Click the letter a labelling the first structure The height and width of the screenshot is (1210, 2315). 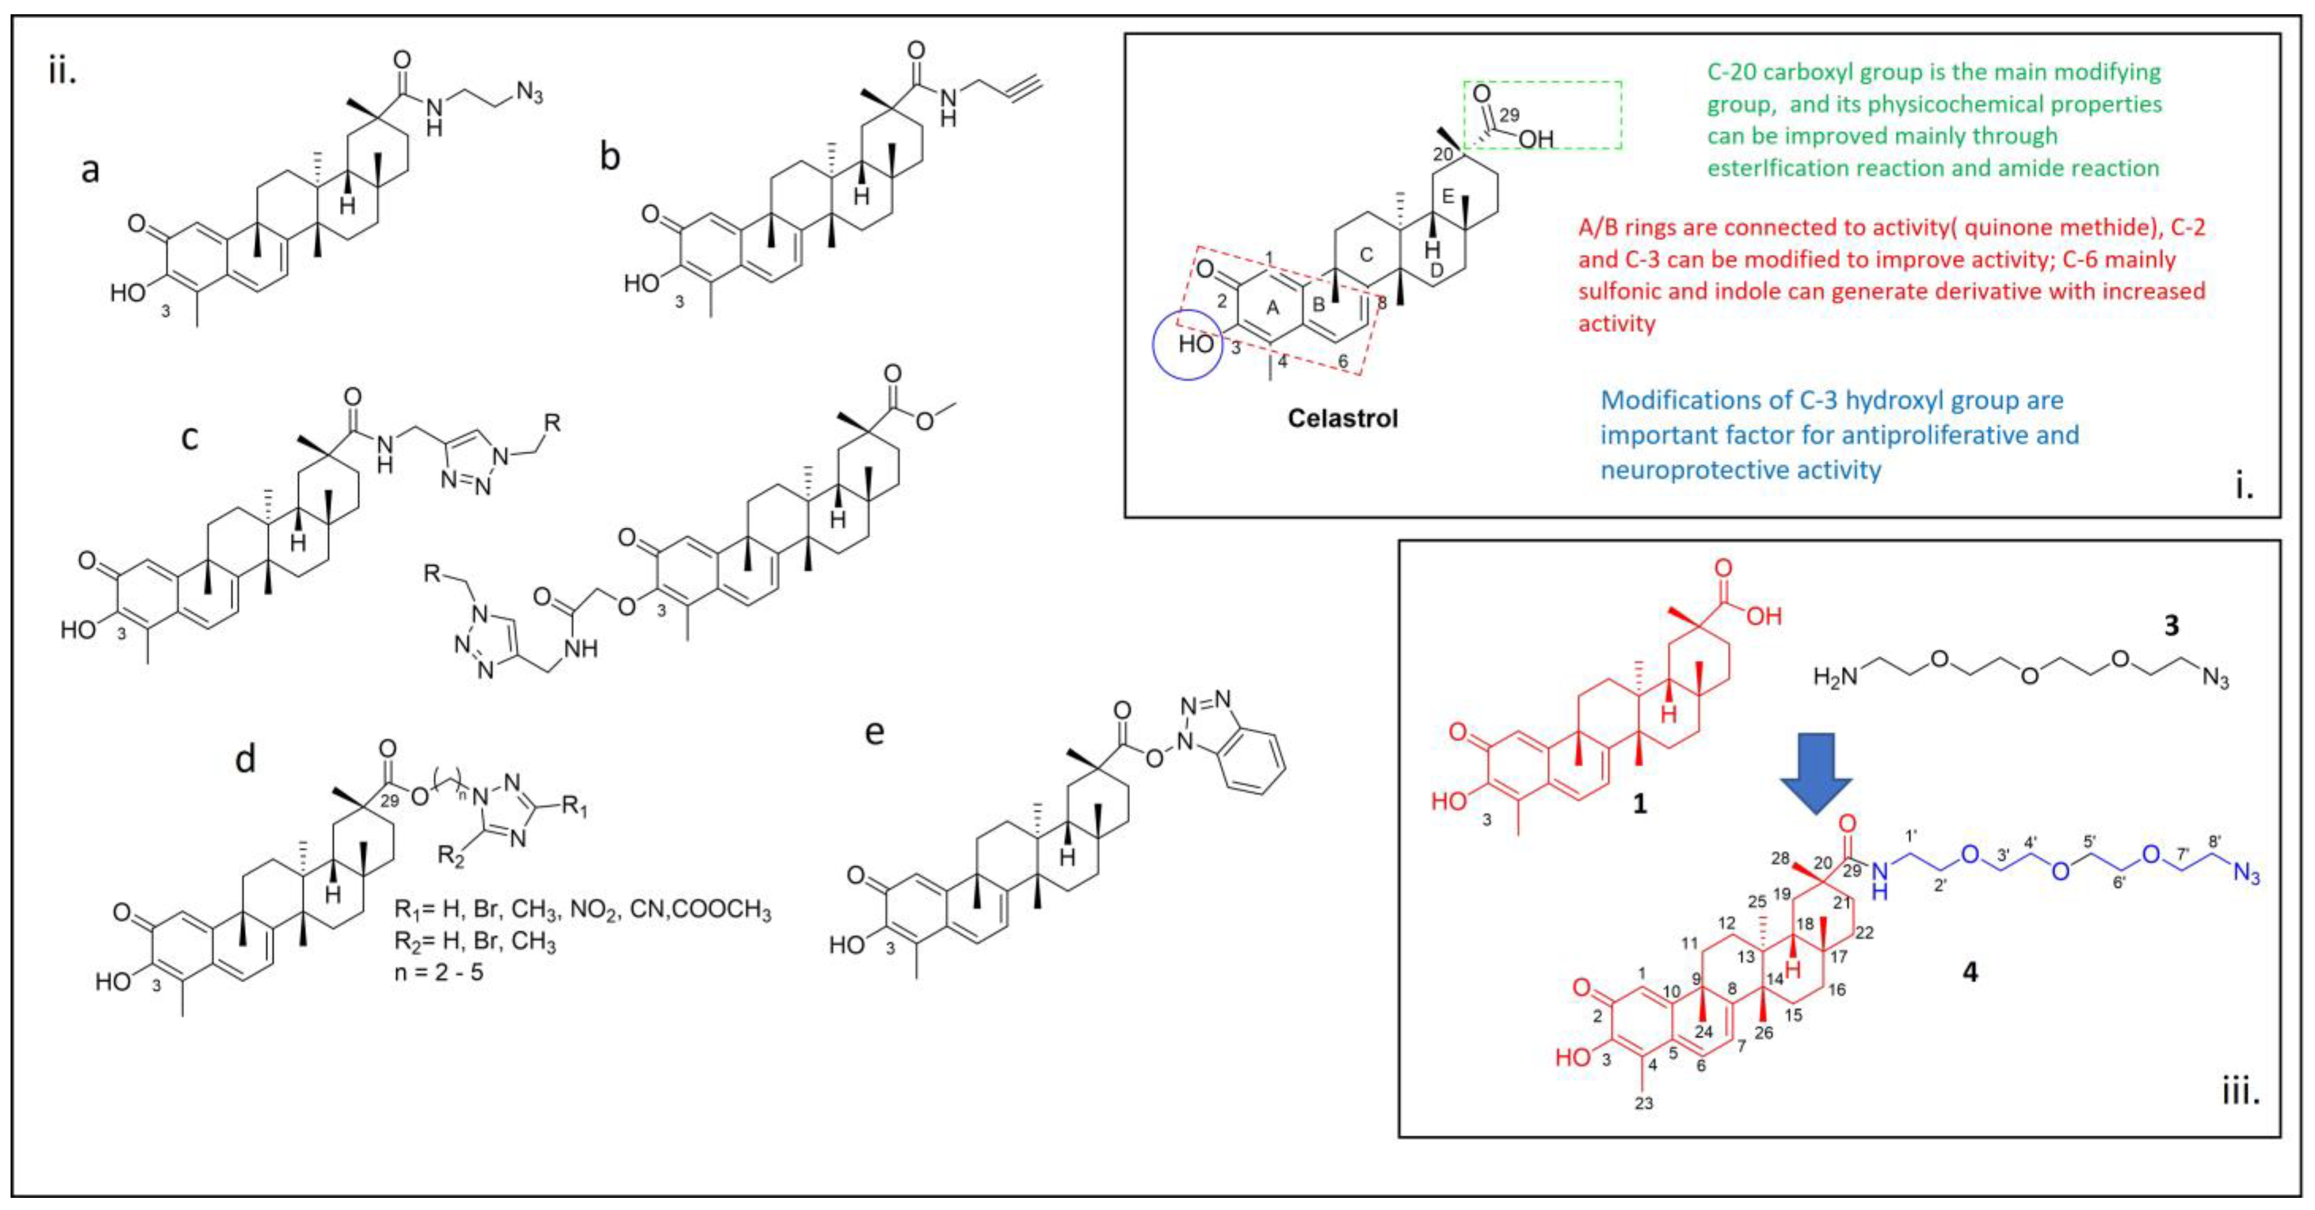[90, 169]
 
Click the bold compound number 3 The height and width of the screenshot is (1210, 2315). [2171, 625]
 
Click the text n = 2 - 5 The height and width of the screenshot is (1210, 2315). [439, 971]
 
